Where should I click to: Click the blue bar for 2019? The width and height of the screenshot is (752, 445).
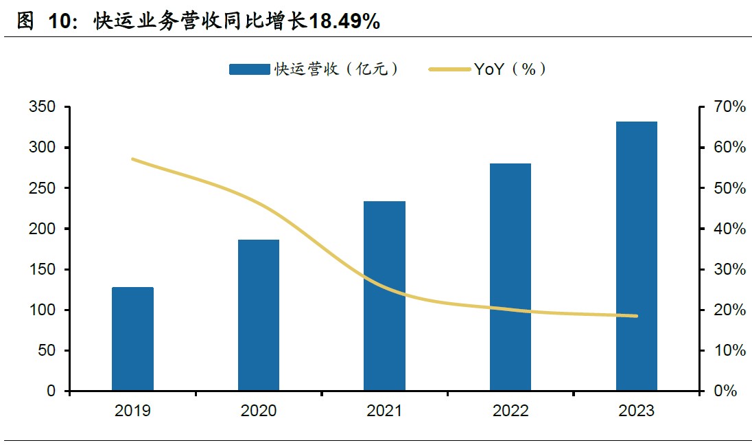click(x=132, y=339)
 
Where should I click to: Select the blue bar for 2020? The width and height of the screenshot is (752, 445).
click(x=259, y=315)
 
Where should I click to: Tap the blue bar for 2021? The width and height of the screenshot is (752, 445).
click(x=384, y=296)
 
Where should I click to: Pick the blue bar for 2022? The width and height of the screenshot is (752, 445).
click(x=510, y=277)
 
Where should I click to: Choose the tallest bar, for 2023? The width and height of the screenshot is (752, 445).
click(x=636, y=256)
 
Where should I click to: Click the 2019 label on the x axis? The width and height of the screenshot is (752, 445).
click(x=132, y=411)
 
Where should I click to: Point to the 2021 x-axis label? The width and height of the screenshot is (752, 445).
click(x=384, y=411)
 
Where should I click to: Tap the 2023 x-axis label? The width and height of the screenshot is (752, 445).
click(x=636, y=411)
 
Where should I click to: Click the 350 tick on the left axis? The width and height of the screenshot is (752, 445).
click(x=43, y=107)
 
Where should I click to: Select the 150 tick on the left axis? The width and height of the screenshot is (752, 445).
click(x=43, y=269)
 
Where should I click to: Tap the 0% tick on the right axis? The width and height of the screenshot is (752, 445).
click(x=725, y=391)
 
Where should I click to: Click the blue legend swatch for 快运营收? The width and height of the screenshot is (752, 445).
click(x=249, y=69)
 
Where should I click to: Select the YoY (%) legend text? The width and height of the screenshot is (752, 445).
click(x=510, y=69)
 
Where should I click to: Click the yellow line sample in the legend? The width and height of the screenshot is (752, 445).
click(x=449, y=69)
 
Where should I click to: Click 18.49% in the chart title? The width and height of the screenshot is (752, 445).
click(x=344, y=21)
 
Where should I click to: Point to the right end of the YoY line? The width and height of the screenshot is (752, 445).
click(x=636, y=316)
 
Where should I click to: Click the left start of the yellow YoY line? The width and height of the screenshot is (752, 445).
click(x=132, y=159)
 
